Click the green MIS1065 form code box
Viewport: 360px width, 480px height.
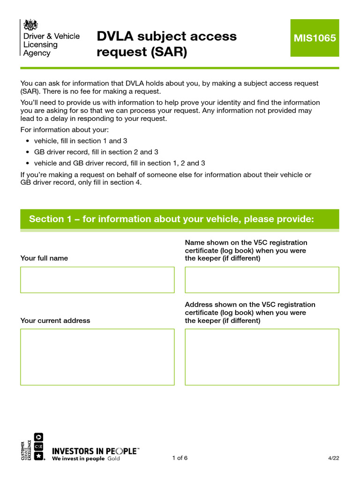click(x=315, y=38)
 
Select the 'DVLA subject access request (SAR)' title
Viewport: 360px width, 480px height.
click(x=166, y=44)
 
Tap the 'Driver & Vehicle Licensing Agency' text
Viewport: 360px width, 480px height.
click(x=52, y=45)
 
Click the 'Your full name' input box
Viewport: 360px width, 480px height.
click(x=97, y=280)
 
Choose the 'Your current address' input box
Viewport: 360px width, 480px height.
click(x=97, y=357)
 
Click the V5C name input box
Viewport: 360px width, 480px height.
click(x=262, y=280)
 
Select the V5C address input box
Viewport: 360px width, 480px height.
click(x=262, y=357)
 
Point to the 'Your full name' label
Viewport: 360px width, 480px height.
click(x=44, y=258)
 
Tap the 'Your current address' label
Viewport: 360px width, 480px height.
click(x=55, y=321)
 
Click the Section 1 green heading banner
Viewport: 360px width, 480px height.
click(x=180, y=219)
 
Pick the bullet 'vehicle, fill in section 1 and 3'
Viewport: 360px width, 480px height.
click(x=80, y=141)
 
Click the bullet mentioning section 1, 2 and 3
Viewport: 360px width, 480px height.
click(x=120, y=163)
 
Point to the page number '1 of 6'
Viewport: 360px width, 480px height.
click(x=180, y=458)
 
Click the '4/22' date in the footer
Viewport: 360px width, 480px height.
click(x=333, y=458)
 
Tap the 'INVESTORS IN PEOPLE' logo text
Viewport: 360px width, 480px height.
click(x=95, y=451)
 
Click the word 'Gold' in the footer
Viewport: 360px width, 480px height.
click(x=114, y=458)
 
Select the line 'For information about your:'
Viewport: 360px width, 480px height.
click(x=64, y=129)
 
